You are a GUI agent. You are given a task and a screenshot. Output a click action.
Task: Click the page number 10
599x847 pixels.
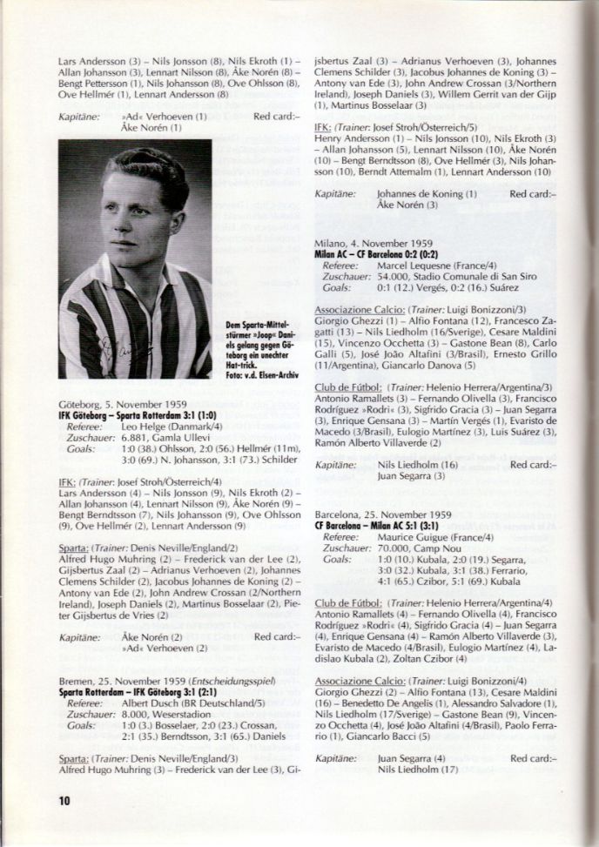point(64,800)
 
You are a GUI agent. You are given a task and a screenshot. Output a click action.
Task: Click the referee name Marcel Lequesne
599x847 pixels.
point(414,263)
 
